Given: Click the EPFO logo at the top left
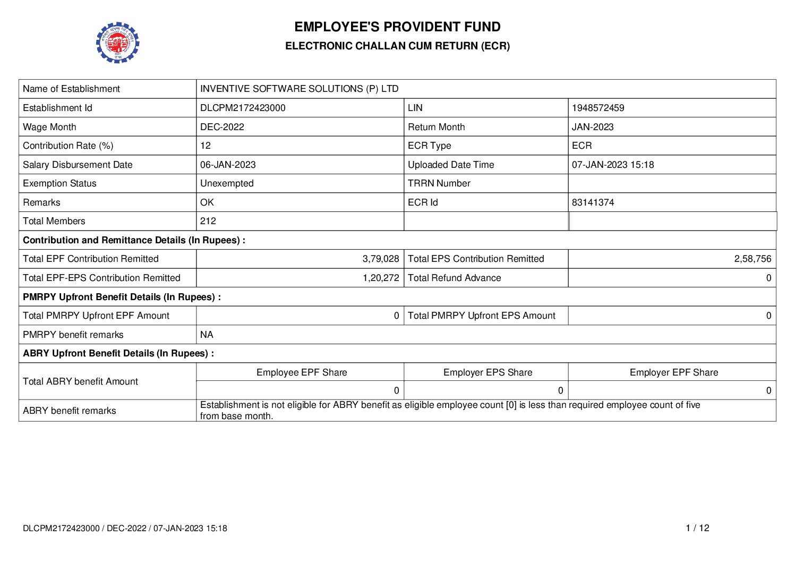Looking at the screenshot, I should point(117,42).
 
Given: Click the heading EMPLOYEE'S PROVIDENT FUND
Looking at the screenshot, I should point(397,27).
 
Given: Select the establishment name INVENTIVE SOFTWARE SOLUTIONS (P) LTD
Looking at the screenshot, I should point(299,89).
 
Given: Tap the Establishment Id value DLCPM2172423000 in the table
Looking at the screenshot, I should point(243,108).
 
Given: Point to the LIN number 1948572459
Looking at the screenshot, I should point(598,108).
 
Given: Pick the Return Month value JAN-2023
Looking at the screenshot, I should point(593,127).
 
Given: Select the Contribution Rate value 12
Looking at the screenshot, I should point(206,146).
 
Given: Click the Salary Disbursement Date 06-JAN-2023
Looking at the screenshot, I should point(228,165).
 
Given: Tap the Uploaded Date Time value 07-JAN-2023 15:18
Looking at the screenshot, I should point(613,165).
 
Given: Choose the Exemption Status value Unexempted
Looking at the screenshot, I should point(227,183).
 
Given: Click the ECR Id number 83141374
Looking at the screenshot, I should point(593,202).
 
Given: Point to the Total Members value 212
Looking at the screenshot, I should point(208,221).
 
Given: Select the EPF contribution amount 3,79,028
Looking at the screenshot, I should point(381,259).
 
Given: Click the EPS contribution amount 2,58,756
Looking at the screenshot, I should point(753,259).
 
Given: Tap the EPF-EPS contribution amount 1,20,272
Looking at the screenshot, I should point(381,278).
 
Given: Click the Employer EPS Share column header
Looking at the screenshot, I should point(488,372).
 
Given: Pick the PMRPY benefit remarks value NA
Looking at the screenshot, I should point(207,335).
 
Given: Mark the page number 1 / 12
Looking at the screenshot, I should point(697,528).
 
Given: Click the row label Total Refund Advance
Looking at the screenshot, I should point(454,278).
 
